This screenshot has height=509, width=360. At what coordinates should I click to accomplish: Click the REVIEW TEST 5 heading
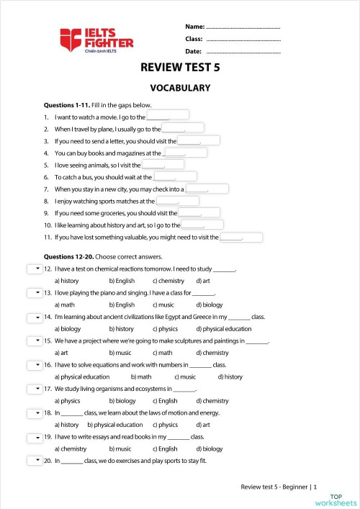click(x=180, y=68)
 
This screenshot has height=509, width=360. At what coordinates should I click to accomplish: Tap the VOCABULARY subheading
click(x=180, y=88)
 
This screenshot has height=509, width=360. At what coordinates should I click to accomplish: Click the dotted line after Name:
click(x=243, y=26)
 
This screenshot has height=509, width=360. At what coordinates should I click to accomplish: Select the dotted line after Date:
click(x=243, y=52)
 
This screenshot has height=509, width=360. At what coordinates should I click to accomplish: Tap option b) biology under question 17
click(x=122, y=401)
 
